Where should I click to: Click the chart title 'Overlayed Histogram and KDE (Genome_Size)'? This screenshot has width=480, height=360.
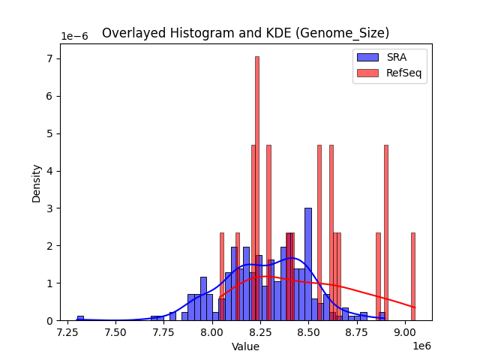(x=245, y=33)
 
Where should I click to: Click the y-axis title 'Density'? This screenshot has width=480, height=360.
(x=36, y=182)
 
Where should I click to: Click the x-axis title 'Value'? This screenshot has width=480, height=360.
(x=245, y=346)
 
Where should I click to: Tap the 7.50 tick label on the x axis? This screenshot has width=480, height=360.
(x=115, y=331)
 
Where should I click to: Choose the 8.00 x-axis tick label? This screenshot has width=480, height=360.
(x=213, y=331)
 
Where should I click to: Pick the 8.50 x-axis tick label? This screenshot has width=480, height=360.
(x=310, y=331)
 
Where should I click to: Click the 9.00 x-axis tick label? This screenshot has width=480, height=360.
(x=406, y=331)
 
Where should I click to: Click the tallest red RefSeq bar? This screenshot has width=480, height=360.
(x=256, y=187)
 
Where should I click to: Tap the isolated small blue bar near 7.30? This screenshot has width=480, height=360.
(x=80, y=318)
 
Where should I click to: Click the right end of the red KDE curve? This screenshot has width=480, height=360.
(x=415, y=307)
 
